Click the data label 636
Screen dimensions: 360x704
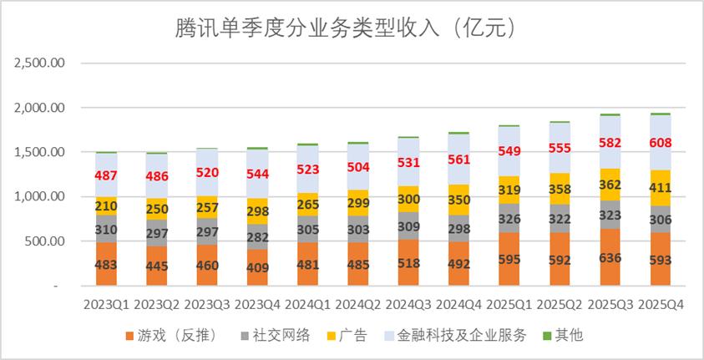click(610, 257)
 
